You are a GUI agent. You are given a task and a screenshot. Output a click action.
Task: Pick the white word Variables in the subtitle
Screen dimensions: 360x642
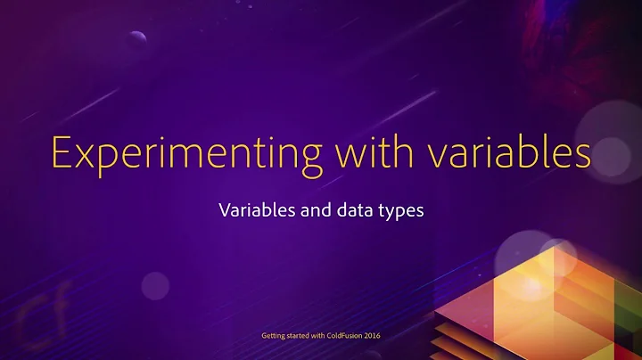tap(251, 213)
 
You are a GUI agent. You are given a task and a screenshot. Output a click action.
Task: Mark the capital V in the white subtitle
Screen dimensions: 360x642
tap(223, 213)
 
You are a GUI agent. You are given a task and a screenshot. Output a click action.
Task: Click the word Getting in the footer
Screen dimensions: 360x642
tap(272, 336)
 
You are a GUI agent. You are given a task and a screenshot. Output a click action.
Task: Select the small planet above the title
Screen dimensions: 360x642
tap(137, 37)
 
